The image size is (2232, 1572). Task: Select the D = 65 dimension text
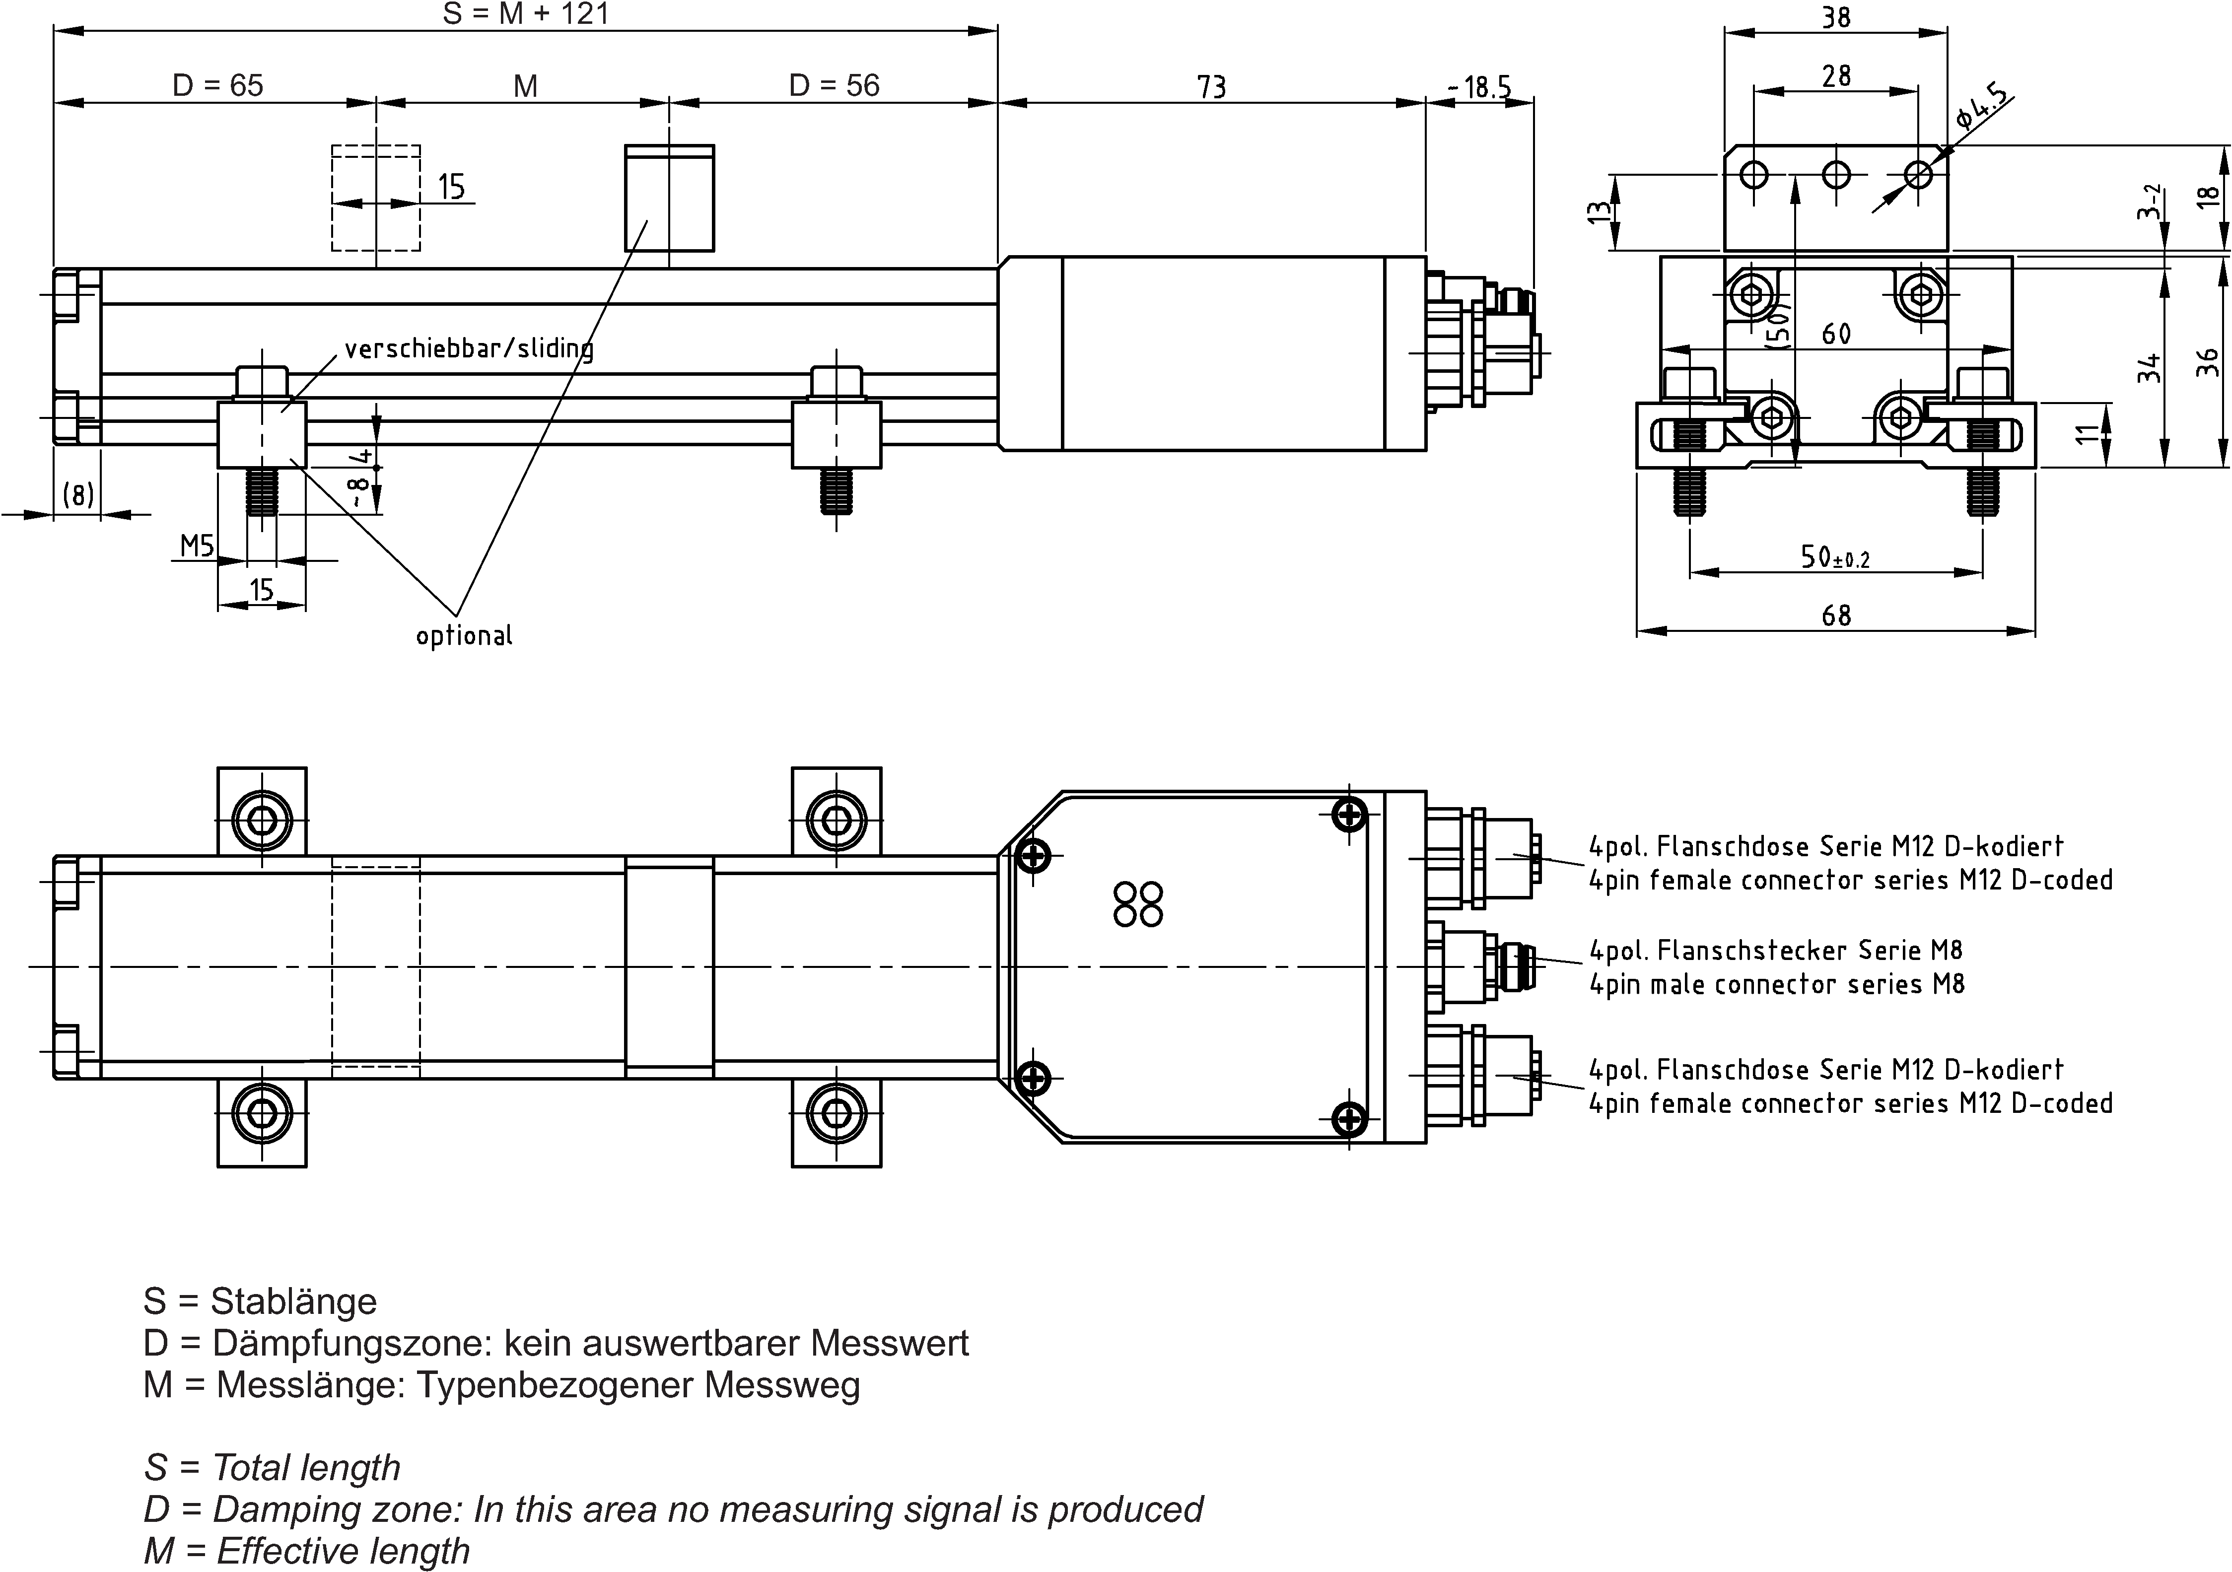[218, 85]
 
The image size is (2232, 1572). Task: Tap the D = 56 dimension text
[834, 85]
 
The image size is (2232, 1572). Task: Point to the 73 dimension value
[1211, 87]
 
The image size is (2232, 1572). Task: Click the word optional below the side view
[464, 636]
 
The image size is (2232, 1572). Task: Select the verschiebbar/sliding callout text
[469, 348]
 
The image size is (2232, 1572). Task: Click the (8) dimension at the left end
[78, 495]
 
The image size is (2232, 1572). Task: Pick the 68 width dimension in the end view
[1835, 615]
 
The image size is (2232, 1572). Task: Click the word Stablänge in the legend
[293, 1301]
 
